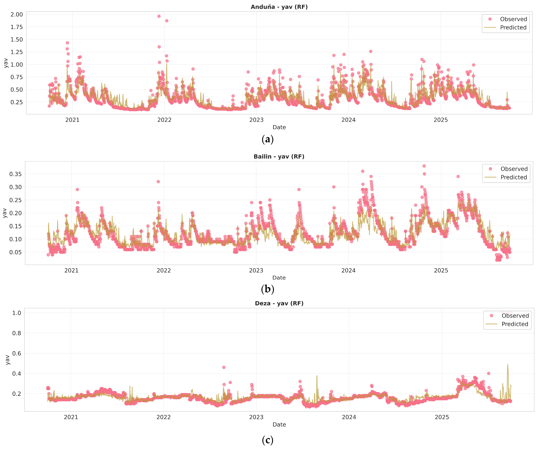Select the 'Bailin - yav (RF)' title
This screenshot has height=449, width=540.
tap(279, 157)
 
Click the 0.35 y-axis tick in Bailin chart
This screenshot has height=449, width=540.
tap(15, 174)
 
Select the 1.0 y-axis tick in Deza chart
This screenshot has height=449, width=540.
tap(17, 313)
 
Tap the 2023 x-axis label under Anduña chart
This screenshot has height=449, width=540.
tap(256, 120)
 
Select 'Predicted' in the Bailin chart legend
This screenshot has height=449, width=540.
tap(514, 177)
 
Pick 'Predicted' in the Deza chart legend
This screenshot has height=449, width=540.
tap(515, 324)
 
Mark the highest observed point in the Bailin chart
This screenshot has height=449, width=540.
tap(424, 166)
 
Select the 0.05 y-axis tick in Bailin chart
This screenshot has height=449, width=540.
tap(15, 252)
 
